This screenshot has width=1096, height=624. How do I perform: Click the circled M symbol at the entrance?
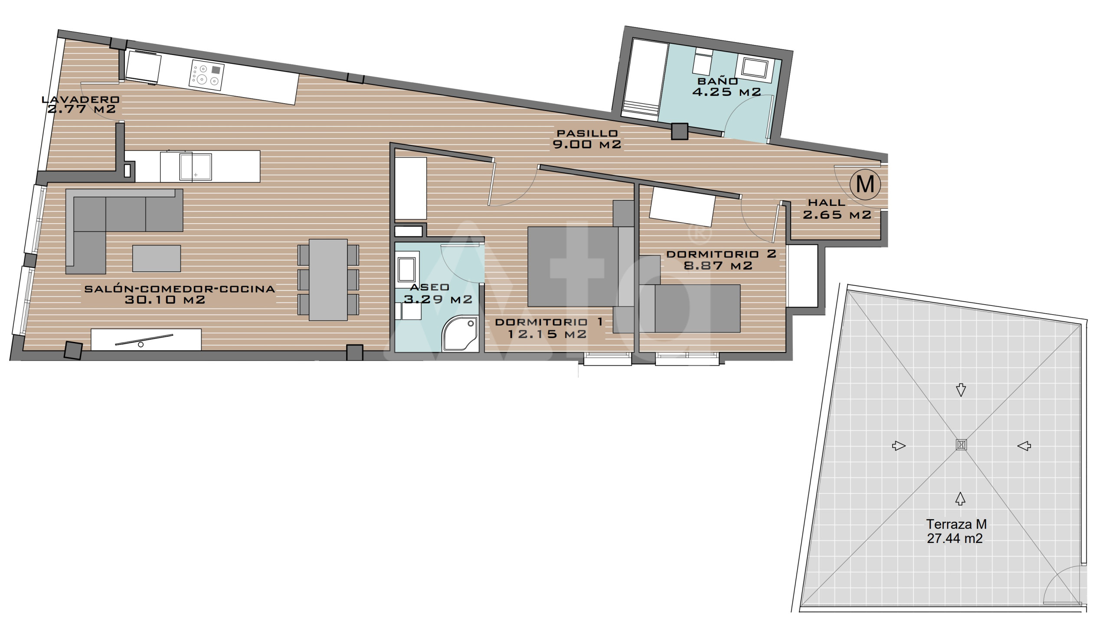pos(865,184)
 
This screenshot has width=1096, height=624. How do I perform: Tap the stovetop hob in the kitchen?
pos(206,75)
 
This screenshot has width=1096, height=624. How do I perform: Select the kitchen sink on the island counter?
pos(196,167)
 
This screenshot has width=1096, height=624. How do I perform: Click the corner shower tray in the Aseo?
pos(460,334)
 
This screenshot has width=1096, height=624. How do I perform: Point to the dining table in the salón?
pos(328,280)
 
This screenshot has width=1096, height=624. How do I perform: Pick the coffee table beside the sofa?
pos(157,258)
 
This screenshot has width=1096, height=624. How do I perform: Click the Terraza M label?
pos(956,524)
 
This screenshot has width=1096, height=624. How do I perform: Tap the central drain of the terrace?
pos(961,445)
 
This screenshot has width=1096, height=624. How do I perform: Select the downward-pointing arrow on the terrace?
pos(961,390)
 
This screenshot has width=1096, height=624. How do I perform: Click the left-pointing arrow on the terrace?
pos(1024,445)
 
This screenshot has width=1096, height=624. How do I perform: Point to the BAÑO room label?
pos(718,81)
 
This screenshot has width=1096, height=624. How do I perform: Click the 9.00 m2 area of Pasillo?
pos(587,144)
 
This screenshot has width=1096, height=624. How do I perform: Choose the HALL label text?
pos(827,202)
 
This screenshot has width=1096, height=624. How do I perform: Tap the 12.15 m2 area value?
pos(547,334)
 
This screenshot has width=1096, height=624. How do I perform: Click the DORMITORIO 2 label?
pos(721,254)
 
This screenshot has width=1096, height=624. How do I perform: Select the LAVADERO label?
pos(81,99)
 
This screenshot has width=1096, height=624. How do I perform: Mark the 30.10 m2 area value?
pos(165,300)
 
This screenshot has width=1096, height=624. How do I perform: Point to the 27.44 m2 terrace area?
pos(955,539)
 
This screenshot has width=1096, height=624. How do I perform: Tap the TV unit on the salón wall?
pos(146,339)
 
